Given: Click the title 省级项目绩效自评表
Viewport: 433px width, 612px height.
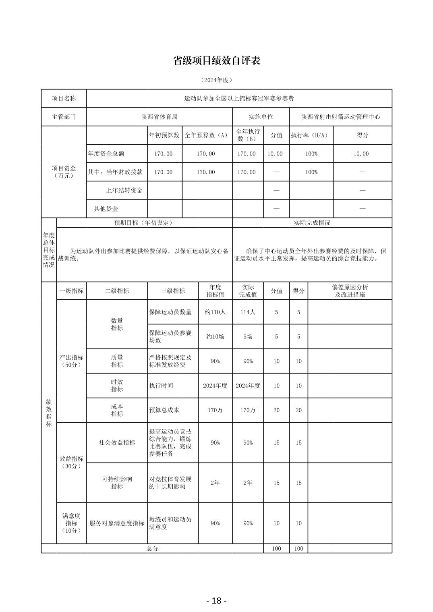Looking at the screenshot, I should (x=216, y=61).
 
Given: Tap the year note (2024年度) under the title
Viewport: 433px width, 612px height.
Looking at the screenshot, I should (x=216, y=80).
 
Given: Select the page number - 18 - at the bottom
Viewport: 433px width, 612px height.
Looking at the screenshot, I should (x=216, y=601).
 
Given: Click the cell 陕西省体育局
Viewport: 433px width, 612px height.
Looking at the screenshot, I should (x=159, y=117).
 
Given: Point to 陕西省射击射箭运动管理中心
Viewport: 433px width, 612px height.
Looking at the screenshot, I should (x=340, y=117).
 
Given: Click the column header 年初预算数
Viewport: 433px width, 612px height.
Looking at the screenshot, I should (x=164, y=135).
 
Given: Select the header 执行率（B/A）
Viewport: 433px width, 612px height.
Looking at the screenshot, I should (x=309, y=135).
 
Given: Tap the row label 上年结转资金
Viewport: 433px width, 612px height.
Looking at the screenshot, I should (x=124, y=191).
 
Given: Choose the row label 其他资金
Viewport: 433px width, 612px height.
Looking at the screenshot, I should (x=106, y=209).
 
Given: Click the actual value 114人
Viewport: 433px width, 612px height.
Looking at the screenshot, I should (x=248, y=312).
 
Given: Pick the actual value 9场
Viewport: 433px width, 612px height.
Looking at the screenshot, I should (x=248, y=336).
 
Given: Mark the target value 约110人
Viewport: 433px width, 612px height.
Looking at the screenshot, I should (x=215, y=312).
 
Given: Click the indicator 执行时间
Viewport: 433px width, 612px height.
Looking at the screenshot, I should (x=161, y=386).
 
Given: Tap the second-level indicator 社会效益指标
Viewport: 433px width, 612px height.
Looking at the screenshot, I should (x=117, y=442).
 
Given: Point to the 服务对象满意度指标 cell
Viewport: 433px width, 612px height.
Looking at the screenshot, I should (x=117, y=523).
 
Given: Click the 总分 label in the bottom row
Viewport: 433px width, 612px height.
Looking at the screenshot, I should (x=152, y=549).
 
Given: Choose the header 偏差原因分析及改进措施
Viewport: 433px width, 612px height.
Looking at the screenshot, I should (x=350, y=291).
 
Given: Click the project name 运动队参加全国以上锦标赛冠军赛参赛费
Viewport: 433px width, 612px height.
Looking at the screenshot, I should (x=239, y=98).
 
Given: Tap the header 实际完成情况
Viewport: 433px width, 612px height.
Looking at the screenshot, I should (x=312, y=223).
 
